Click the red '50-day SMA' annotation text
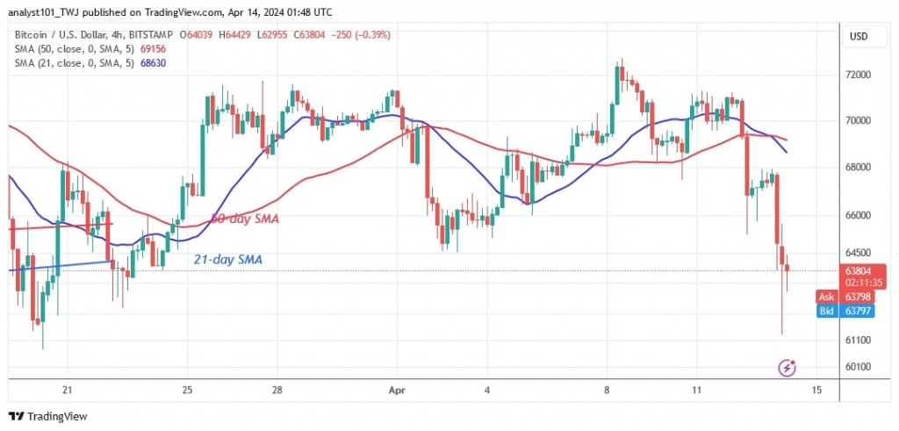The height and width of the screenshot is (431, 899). pyautogui.click(x=244, y=219)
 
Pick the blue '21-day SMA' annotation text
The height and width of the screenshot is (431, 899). pyautogui.click(x=227, y=260)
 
